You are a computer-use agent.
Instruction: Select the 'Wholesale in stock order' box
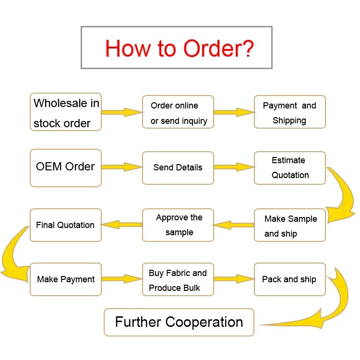[x=66, y=112]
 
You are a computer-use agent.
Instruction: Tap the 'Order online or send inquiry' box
[x=178, y=112]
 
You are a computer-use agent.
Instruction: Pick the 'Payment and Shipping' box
[x=289, y=112]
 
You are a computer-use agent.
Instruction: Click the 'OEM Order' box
[x=66, y=168]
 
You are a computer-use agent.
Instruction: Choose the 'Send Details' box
[x=178, y=168]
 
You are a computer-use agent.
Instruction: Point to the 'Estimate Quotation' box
[x=289, y=168]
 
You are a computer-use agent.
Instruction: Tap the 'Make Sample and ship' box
[x=289, y=225]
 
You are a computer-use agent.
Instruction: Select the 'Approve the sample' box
[x=178, y=225]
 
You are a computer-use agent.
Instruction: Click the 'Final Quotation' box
[x=66, y=225]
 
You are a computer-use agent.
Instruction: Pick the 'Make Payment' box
[x=66, y=279]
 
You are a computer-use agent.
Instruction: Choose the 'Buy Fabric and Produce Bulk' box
[x=178, y=279]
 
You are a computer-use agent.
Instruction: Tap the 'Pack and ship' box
[x=289, y=279]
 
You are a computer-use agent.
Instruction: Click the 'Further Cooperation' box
[x=179, y=322]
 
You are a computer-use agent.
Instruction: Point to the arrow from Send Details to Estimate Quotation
[x=234, y=167]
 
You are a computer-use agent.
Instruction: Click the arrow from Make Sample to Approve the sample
[x=233, y=225]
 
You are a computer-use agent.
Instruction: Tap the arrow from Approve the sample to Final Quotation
[x=122, y=225]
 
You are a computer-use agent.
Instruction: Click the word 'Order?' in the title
[x=218, y=48]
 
